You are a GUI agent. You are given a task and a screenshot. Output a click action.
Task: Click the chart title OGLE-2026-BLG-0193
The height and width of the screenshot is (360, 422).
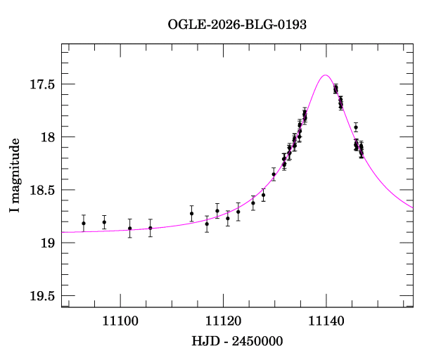pyautogui.click(x=237, y=25)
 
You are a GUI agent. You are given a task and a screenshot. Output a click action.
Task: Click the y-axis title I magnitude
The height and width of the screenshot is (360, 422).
pyautogui.click(x=15, y=176)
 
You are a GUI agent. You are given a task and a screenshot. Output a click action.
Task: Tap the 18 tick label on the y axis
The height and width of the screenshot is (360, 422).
pyautogui.click(x=47, y=137)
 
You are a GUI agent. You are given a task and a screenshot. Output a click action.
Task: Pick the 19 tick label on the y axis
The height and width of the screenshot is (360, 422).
pyautogui.click(x=47, y=243)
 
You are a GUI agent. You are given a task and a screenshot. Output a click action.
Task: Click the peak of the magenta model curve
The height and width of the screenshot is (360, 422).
pyautogui.click(x=325, y=75)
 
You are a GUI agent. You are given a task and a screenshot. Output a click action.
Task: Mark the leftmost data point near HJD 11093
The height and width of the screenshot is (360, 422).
pyautogui.click(x=84, y=224)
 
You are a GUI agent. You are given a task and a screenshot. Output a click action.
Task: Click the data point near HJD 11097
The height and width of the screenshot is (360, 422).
pyautogui.click(x=104, y=222)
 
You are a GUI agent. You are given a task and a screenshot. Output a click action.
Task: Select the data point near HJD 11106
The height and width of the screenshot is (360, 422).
pyautogui.click(x=151, y=228)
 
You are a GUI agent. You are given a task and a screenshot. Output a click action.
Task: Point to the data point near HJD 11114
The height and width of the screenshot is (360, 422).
pyautogui.click(x=192, y=213)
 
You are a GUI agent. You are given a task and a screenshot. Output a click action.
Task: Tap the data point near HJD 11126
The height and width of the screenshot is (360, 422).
pyautogui.click(x=253, y=202)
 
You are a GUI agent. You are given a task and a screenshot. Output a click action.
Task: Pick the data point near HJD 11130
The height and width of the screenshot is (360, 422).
pyautogui.click(x=274, y=174)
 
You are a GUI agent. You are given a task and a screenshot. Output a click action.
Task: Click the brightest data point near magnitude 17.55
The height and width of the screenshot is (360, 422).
pyautogui.click(x=335, y=89)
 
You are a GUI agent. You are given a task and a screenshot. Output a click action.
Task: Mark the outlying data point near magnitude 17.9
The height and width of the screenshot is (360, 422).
pyautogui.click(x=356, y=127)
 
